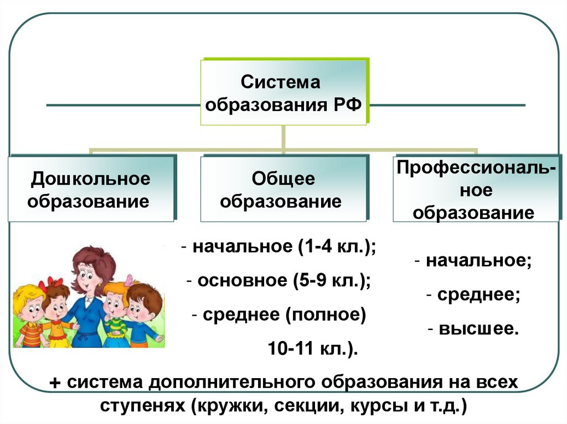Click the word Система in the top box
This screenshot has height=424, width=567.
tap(281, 83)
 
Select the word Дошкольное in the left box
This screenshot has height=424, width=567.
tap(91, 179)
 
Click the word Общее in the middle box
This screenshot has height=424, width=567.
tap(283, 179)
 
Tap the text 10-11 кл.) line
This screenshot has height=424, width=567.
tap(313, 348)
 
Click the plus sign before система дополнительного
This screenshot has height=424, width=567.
tap(55, 383)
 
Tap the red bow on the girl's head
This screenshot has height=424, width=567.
tap(50, 283)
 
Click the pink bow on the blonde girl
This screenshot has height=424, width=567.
tap(129, 280)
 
